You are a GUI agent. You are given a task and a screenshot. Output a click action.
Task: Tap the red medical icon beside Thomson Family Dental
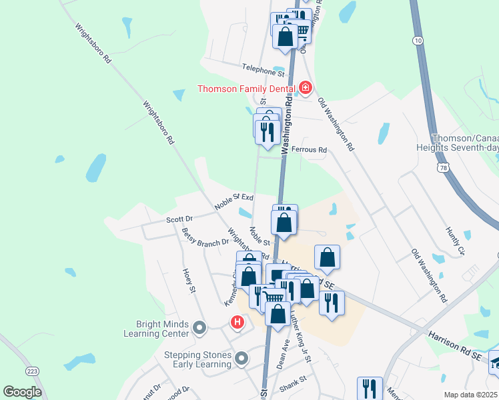tap(306, 88)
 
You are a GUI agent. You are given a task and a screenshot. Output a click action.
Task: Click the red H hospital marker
tap(237, 323)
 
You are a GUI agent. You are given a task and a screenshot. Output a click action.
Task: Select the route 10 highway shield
tap(418, 41)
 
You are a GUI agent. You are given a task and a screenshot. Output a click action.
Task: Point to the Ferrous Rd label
tap(309, 151)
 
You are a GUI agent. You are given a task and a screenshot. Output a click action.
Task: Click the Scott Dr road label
tap(179, 219)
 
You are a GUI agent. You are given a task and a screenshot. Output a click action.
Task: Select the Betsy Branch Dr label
tap(205, 239)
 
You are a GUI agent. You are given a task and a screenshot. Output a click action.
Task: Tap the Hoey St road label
tap(189, 281)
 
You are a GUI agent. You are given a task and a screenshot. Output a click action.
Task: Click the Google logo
tap(22, 392)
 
